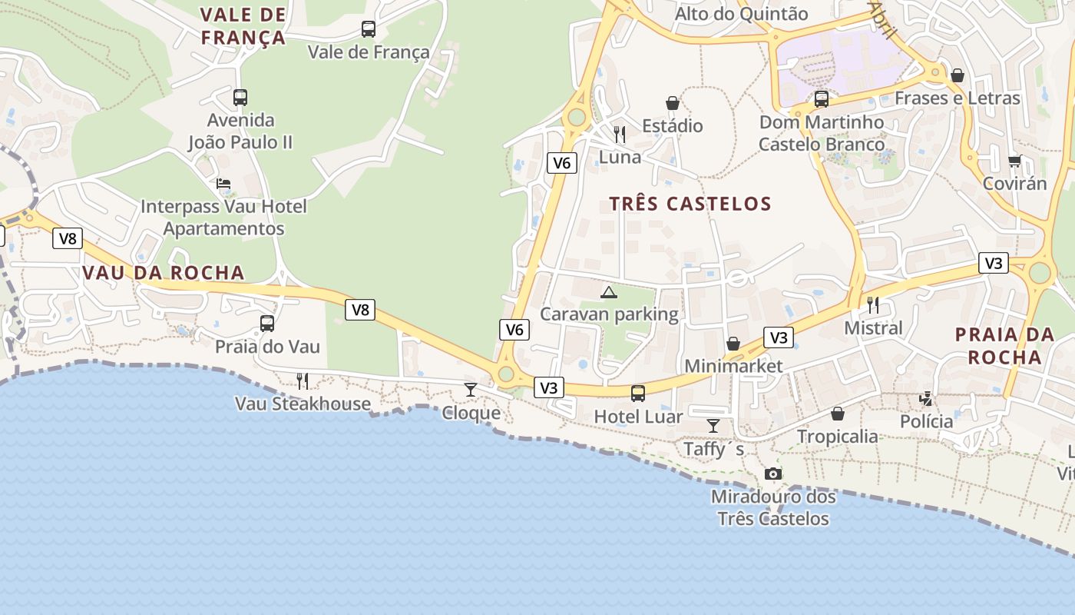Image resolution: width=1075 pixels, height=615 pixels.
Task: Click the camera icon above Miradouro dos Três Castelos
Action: pyautogui.click(x=773, y=474)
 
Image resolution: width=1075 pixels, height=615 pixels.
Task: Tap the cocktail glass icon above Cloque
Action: pyautogui.click(x=471, y=390)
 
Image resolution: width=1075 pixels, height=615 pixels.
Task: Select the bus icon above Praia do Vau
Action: pyautogui.click(x=266, y=324)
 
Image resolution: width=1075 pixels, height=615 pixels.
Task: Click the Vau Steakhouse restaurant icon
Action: pyautogui.click(x=303, y=381)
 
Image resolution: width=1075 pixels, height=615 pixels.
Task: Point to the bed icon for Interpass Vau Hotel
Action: pyautogui.click(x=223, y=184)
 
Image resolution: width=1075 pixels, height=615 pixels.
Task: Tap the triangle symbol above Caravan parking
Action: pyautogui.click(x=609, y=292)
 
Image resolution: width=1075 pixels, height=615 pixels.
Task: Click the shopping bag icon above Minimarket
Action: pyautogui.click(x=733, y=344)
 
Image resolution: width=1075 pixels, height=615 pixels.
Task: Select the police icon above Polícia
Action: pyautogui.click(x=927, y=399)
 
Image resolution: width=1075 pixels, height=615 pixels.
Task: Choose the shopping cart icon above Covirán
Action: pyautogui.click(x=1014, y=161)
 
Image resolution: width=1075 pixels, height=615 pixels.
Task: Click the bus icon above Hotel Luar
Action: pyautogui.click(x=637, y=394)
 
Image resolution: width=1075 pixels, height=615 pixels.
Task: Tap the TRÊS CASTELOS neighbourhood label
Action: pyautogui.click(x=690, y=204)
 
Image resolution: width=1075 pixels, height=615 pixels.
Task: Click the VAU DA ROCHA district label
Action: pyautogui.click(x=163, y=273)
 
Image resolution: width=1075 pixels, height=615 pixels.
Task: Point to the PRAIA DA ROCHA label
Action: pyautogui.click(x=1004, y=346)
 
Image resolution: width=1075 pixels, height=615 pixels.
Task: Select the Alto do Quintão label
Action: pyautogui.click(x=741, y=14)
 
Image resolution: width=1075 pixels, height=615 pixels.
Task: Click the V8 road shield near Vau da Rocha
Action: pyautogui.click(x=68, y=239)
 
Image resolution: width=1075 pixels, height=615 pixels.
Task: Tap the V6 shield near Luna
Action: pyautogui.click(x=562, y=162)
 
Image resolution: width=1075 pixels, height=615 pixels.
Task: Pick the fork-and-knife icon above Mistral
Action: pyautogui.click(x=873, y=304)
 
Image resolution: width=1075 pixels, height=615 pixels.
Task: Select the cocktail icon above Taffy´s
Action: pyautogui.click(x=713, y=425)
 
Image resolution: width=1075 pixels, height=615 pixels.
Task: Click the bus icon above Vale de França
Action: pyautogui.click(x=369, y=29)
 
